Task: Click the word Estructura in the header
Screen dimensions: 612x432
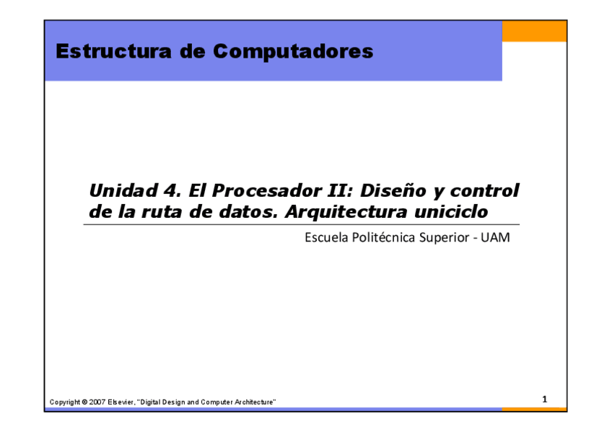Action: (x=113, y=51)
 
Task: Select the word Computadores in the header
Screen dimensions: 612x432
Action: (x=293, y=51)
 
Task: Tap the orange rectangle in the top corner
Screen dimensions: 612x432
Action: (x=534, y=31)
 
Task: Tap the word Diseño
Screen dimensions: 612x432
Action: (x=393, y=190)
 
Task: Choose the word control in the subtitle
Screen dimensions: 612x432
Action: (x=485, y=190)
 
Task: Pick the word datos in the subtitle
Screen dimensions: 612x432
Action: (x=248, y=212)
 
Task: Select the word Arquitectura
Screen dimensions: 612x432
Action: (x=346, y=213)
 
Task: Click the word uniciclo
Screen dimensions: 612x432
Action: (x=451, y=212)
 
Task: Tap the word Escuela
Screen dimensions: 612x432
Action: (x=326, y=237)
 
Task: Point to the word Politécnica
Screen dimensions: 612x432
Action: (x=383, y=237)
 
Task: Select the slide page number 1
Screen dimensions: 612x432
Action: (x=545, y=400)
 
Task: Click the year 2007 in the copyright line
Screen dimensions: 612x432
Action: (x=97, y=402)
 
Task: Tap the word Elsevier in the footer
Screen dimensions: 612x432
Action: (x=121, y=402)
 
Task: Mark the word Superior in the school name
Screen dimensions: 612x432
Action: (x=444, y=238)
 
